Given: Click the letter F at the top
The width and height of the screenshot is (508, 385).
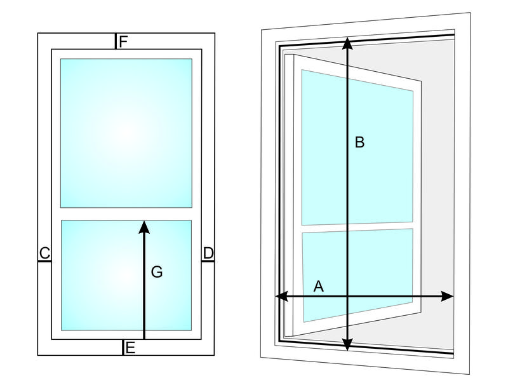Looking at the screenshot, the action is tap(123, 42).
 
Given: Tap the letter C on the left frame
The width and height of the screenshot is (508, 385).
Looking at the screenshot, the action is tap(44, 253).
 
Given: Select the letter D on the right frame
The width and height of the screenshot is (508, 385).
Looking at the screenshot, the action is tap(208, 253).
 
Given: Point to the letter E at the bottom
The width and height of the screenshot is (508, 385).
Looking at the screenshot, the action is tap(130, 348).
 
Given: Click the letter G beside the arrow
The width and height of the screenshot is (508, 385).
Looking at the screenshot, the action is tap(157, 271).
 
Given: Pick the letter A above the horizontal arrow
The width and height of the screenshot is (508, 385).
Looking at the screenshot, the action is tap(319, 287).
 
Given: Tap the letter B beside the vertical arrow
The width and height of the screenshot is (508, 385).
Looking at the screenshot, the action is tap(359, 142).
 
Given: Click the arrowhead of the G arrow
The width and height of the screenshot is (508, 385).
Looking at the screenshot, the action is tap(144, 227).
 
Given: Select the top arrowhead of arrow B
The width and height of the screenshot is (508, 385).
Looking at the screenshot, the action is tap(347, 43).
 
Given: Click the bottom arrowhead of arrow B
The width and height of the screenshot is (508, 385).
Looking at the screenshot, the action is tap(347, 344).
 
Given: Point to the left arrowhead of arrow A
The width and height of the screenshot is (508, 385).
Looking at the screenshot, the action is tap(281, 296).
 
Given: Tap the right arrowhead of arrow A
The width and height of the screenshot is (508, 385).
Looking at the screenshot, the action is tap(447, 296).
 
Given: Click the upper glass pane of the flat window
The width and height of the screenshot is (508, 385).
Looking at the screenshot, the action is tap(126, 133).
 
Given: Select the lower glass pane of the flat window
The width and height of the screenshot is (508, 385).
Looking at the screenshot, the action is tap(126, 276).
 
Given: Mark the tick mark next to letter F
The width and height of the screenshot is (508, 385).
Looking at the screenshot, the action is tap(116, 41).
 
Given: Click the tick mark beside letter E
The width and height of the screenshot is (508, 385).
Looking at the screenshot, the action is tap(123, 348).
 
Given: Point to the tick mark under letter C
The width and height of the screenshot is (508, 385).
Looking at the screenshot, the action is tap(44, 261).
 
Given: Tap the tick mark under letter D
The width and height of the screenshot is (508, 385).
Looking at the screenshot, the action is tap(208, 261).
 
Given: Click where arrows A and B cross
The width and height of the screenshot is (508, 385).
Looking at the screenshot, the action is tap(347, 296).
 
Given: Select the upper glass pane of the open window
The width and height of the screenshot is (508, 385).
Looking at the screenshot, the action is tap(358, 147).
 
